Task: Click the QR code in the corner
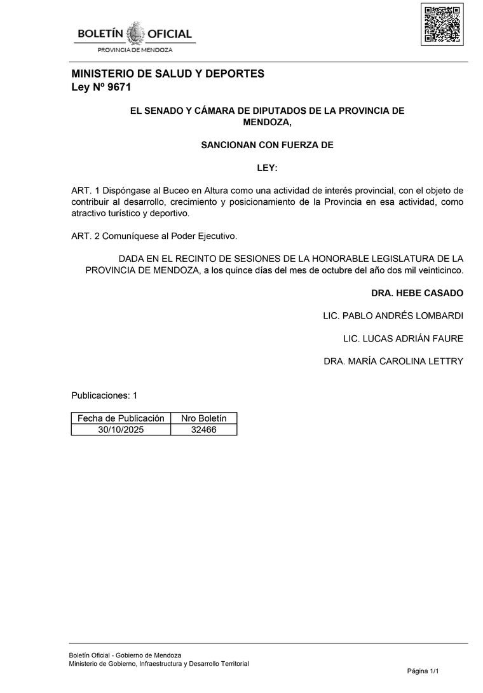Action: pyautogui.click(x=442, y=24)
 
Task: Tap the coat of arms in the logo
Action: pyautogui.click(x=135, y=33)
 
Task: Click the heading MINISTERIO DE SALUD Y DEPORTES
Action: pyautogui.click(x=168, y=74)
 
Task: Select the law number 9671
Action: pyautogui.click(x=119, y=88)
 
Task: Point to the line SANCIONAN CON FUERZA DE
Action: pyautogui.click(x=267, y=145)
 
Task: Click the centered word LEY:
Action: pyautogui.click(x=267, y=168)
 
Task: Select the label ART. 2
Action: pyautogui.click(x=85, y=236)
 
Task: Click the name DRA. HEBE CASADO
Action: pyautogui.click(x=417, y=293)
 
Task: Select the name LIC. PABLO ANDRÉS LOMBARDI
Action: pyautogui.click(x=393, y=316)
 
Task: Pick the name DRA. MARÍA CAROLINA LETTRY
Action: pyautogui.click(x=393, y=362)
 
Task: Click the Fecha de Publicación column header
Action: pyautogui.click(x=121, y=418)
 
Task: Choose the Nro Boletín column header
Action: pyautogui.click(x=203, y=418)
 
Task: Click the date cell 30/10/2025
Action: pyautogui.click(x=121, y=430)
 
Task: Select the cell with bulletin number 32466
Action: pyautogui.click(x=203, y=430)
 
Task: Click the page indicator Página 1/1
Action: pyautogui.click(x=423, y=671)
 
